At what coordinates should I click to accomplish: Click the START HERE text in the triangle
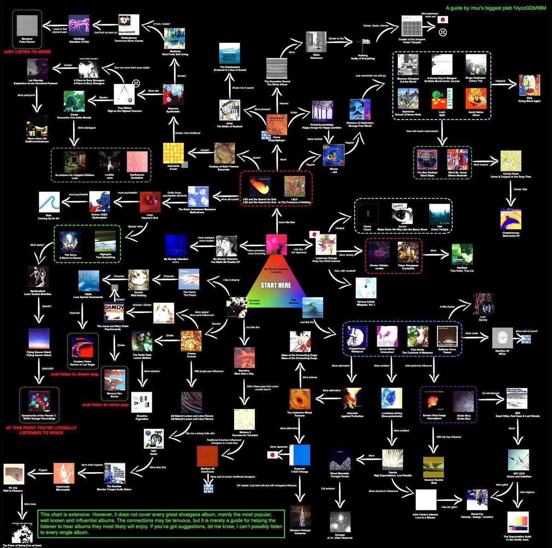276,285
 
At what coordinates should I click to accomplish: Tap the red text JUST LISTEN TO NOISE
27,52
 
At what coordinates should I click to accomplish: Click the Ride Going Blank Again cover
529,86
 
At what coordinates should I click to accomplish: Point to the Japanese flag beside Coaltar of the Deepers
443,20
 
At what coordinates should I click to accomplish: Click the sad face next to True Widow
136,84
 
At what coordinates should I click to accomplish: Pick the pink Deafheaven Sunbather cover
137,162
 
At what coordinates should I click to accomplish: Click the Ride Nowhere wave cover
312,308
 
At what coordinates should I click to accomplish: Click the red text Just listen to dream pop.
75,374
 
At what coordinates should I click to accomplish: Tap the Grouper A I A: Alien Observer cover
340,522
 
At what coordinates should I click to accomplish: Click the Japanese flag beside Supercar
273,455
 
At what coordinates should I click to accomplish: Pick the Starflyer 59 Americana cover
207,456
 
